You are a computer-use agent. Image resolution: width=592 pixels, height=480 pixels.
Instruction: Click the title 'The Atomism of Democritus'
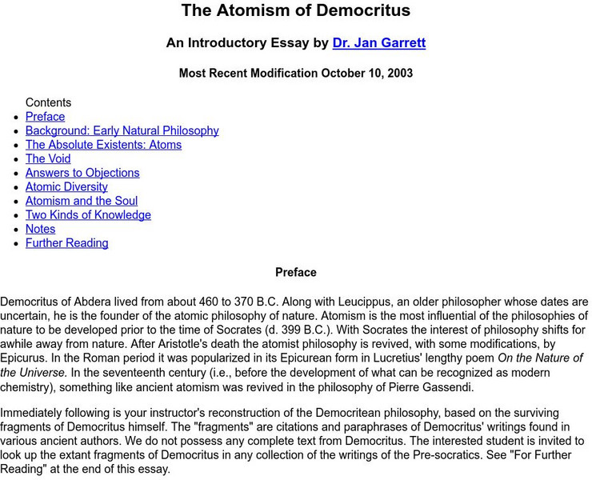click(x=295, y=11)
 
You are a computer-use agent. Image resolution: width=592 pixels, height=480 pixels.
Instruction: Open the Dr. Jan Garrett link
click(x=379, y=43)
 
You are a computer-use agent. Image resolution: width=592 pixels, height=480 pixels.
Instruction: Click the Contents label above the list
click(x=48, y=102)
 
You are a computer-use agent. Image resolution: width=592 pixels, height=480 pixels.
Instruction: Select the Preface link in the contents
click(x=45, y=117)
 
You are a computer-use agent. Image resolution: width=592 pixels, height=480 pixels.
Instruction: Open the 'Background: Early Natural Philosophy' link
click(x=122, y=130)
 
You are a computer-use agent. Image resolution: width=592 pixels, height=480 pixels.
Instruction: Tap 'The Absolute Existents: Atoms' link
click(x=103, y=145)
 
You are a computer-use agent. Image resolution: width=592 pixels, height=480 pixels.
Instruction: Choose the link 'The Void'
click(x=48, y=158)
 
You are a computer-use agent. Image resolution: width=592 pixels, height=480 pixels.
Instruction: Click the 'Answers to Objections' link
click(x=82, y=173)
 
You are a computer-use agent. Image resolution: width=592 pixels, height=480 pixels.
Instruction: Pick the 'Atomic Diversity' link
click(x=66, y=186)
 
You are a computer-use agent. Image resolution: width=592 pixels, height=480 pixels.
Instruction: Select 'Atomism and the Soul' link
click(x=82, y=201)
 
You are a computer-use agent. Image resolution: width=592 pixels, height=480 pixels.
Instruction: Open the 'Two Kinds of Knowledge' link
click(x=88, y=215)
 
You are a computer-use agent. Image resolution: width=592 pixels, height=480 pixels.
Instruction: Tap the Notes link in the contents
click(x=40, y=229)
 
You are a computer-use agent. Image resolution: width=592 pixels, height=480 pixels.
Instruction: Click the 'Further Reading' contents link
click(x=66, y=243)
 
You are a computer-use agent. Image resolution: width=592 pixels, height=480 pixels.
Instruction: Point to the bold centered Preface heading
click(x=295, y=273)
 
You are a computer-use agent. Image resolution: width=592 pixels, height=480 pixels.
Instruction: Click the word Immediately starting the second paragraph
click(x=34, y=413)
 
